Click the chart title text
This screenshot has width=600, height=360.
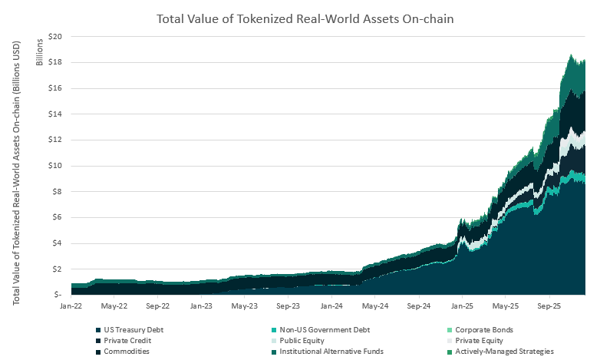[305, 18]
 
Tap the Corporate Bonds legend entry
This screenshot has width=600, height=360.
[483, 330]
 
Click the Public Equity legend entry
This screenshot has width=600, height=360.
[302, 340]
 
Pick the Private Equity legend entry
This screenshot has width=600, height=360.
[479, 340]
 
